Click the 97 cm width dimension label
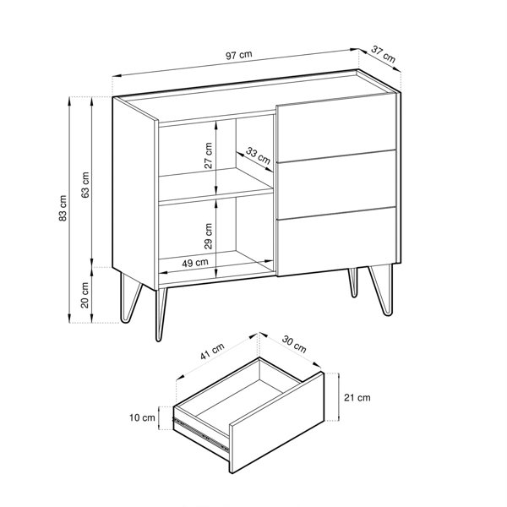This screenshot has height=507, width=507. pyautogui.click(x=238, y=55)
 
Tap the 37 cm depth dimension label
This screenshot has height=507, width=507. pyautogui.click(x=383, y=54)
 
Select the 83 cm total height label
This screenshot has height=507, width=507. pyautogui.click(x=63, y=208)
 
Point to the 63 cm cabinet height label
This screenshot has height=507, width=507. pyautogui.click(x=85, y=185)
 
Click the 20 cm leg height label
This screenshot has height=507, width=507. pyautogui.click(x=84, y=295)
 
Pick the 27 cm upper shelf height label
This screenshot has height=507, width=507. pyautogui.click(x=209, y=155)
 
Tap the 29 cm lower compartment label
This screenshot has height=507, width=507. pyautogui.click(x=209, y=236)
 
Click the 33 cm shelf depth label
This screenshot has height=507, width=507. pyautogui.click(x=258, y=155)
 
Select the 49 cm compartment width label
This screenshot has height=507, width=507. pyautogui.click(x=195, y=263)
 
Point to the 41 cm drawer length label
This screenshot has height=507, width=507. pyautogui.click(x=212, y=352)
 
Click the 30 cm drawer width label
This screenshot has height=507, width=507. pyautogui.click(x=294, y=344)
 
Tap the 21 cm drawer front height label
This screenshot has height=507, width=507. pyautogui.click(x=357, y=397)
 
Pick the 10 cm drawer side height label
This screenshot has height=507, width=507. pyautogui.click(x=142, y=417)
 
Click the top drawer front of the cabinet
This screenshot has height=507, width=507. pyautogui.click(x=336, y=128)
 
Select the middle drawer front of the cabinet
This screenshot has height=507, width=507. pyautogui.click(x=336, y=184)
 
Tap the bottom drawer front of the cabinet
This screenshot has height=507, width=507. pyautogui.click(x=336, y=242)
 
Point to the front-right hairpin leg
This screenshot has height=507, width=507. pyautogui.click(x=382, y=289)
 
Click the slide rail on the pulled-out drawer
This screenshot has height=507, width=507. pyautogui.click(x=201, y=434)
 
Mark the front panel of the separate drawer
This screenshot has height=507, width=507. pyautogui.click(x=277, y=422)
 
